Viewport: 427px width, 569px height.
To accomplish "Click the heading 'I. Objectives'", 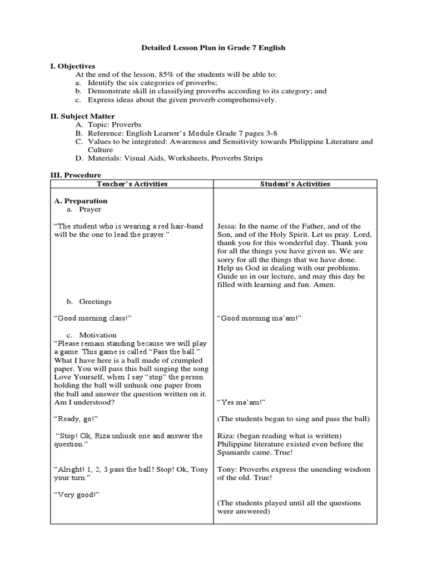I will [73, 66].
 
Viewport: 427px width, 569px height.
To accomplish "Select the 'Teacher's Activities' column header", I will [132, 184].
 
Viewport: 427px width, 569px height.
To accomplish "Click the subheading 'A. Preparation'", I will [81, 201].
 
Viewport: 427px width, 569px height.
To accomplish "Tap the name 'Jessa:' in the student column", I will [227, 226].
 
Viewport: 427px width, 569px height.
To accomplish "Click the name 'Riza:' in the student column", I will [226, 436].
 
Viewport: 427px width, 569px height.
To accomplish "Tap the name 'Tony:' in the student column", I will [227, 470].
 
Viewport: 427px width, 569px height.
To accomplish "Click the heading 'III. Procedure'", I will [76, 175].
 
